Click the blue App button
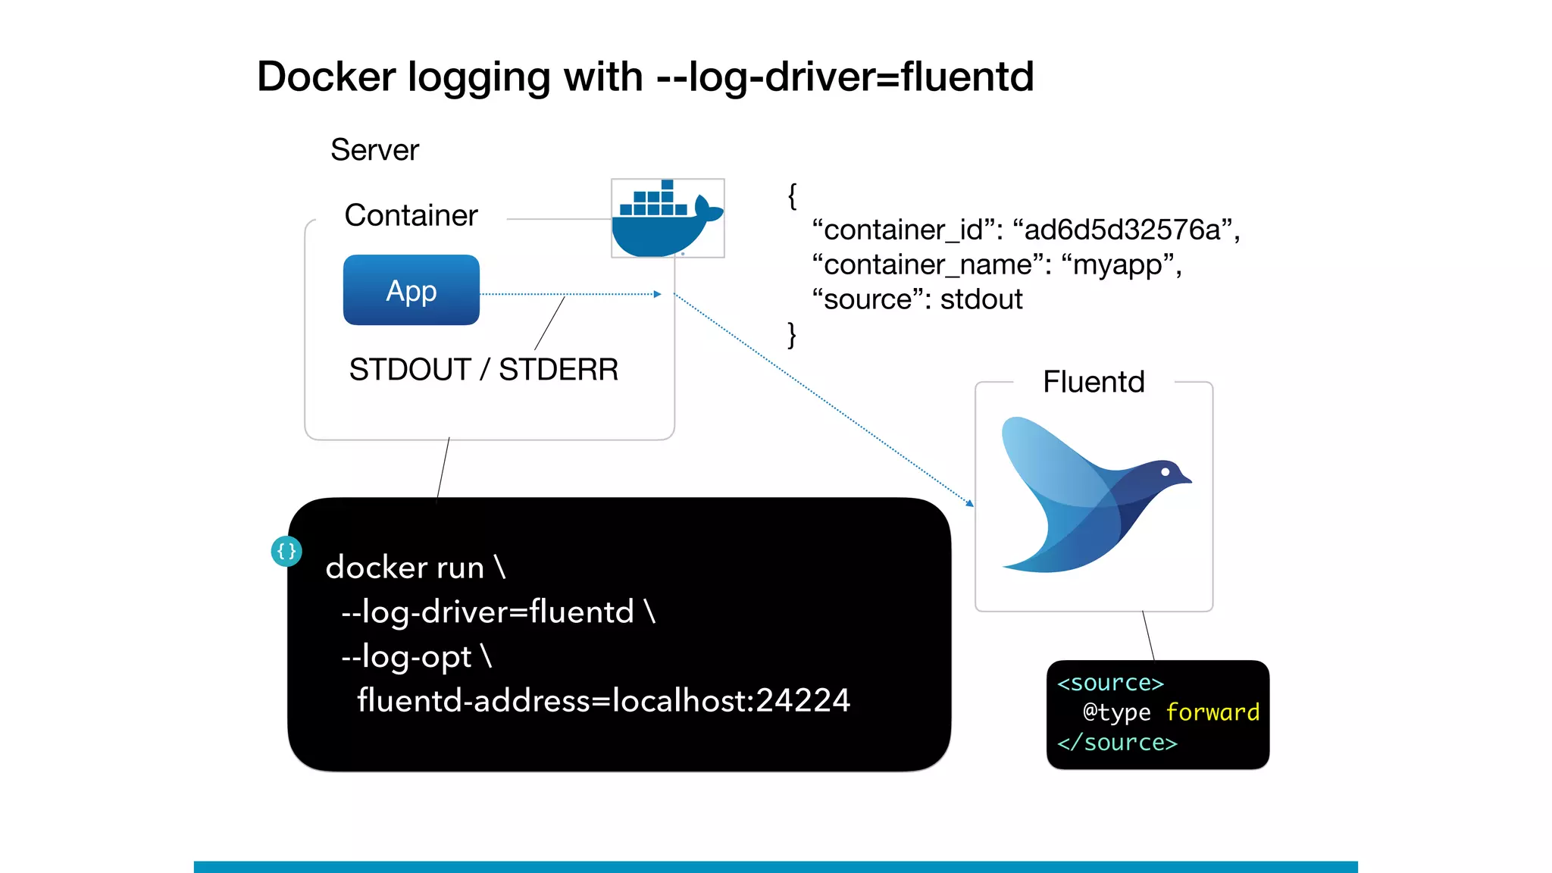[411, 290]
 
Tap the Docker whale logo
[667, 219]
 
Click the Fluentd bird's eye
[1166, 472]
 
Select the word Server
[374, 150]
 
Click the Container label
[411, 215]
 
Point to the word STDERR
[559, 370]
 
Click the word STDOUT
[410, 370]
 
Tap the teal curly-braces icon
[286, 551]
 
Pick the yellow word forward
[1212, 712]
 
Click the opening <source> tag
[1110, 683]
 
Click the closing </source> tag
[1117, 743]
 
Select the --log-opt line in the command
[416, 656]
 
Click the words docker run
[405, 568]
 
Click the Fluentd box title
[1094, 382]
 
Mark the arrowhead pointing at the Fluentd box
[970, 503]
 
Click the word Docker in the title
[327, 77]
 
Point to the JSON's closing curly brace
[792, 334]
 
